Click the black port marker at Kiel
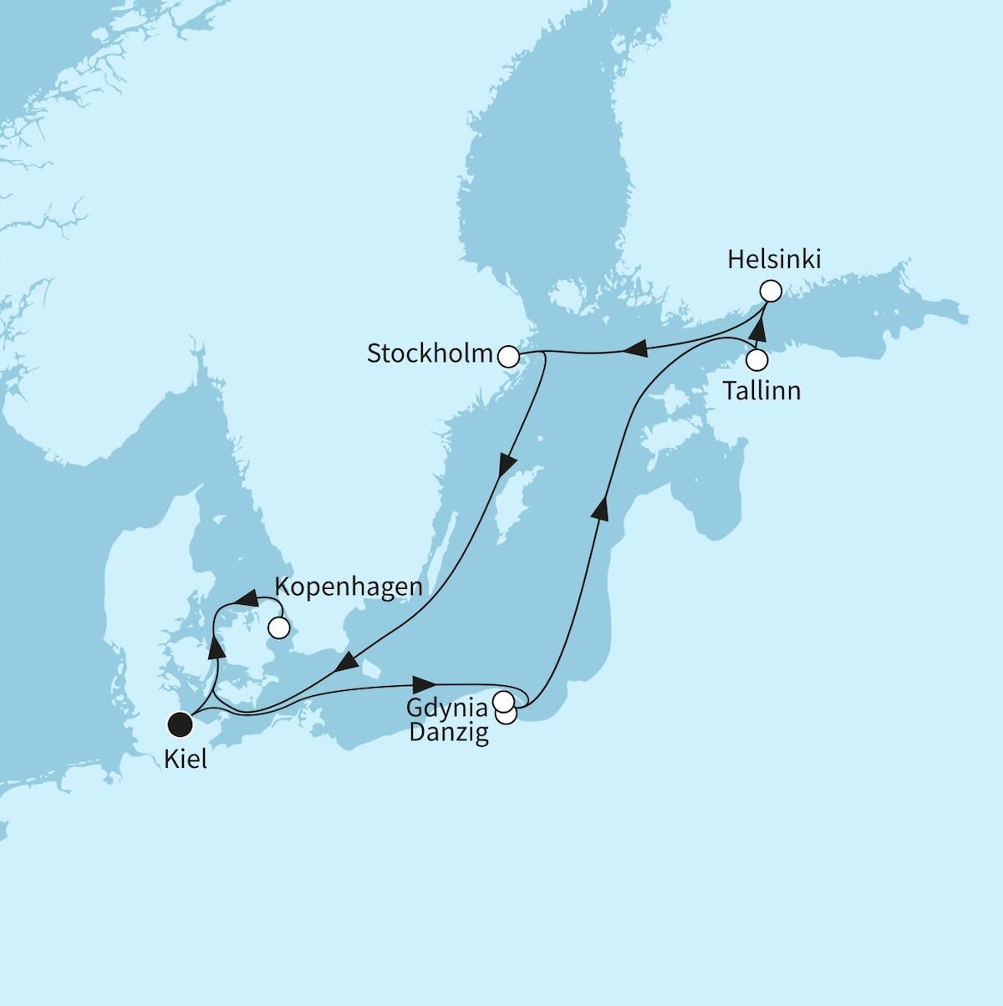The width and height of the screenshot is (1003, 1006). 179,724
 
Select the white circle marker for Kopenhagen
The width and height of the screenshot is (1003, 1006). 278,627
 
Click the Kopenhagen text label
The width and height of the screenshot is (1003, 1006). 348,587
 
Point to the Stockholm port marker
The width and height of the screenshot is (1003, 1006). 507,357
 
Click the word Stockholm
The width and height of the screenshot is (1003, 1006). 430,354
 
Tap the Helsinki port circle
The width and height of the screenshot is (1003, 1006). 770,292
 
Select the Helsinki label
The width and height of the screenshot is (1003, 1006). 774,260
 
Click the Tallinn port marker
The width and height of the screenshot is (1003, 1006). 756,361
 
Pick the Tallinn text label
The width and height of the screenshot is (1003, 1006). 761,390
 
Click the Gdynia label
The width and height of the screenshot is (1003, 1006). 447,708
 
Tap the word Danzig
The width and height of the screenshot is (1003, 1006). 449,734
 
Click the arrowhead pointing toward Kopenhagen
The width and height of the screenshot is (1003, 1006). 242,599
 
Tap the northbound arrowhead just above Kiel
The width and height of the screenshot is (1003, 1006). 216,647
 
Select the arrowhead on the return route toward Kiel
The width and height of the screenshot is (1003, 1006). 346,663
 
